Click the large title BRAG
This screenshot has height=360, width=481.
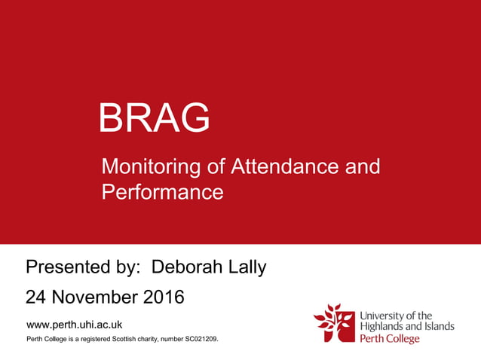[x=155, y=118]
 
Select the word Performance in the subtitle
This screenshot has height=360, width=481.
[x=163, y=192]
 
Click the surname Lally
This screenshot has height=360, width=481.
[x=245, y=267]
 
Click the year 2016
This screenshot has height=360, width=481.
[x=162, y=297]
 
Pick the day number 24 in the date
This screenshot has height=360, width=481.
[x=36, y=297]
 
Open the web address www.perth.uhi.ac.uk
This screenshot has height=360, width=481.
[x=74, y=325]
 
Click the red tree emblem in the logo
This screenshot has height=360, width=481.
[x=333, y=322]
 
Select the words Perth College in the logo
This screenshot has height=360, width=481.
[x=390, y=339]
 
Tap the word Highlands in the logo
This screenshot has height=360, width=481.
[x=388, y=326]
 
